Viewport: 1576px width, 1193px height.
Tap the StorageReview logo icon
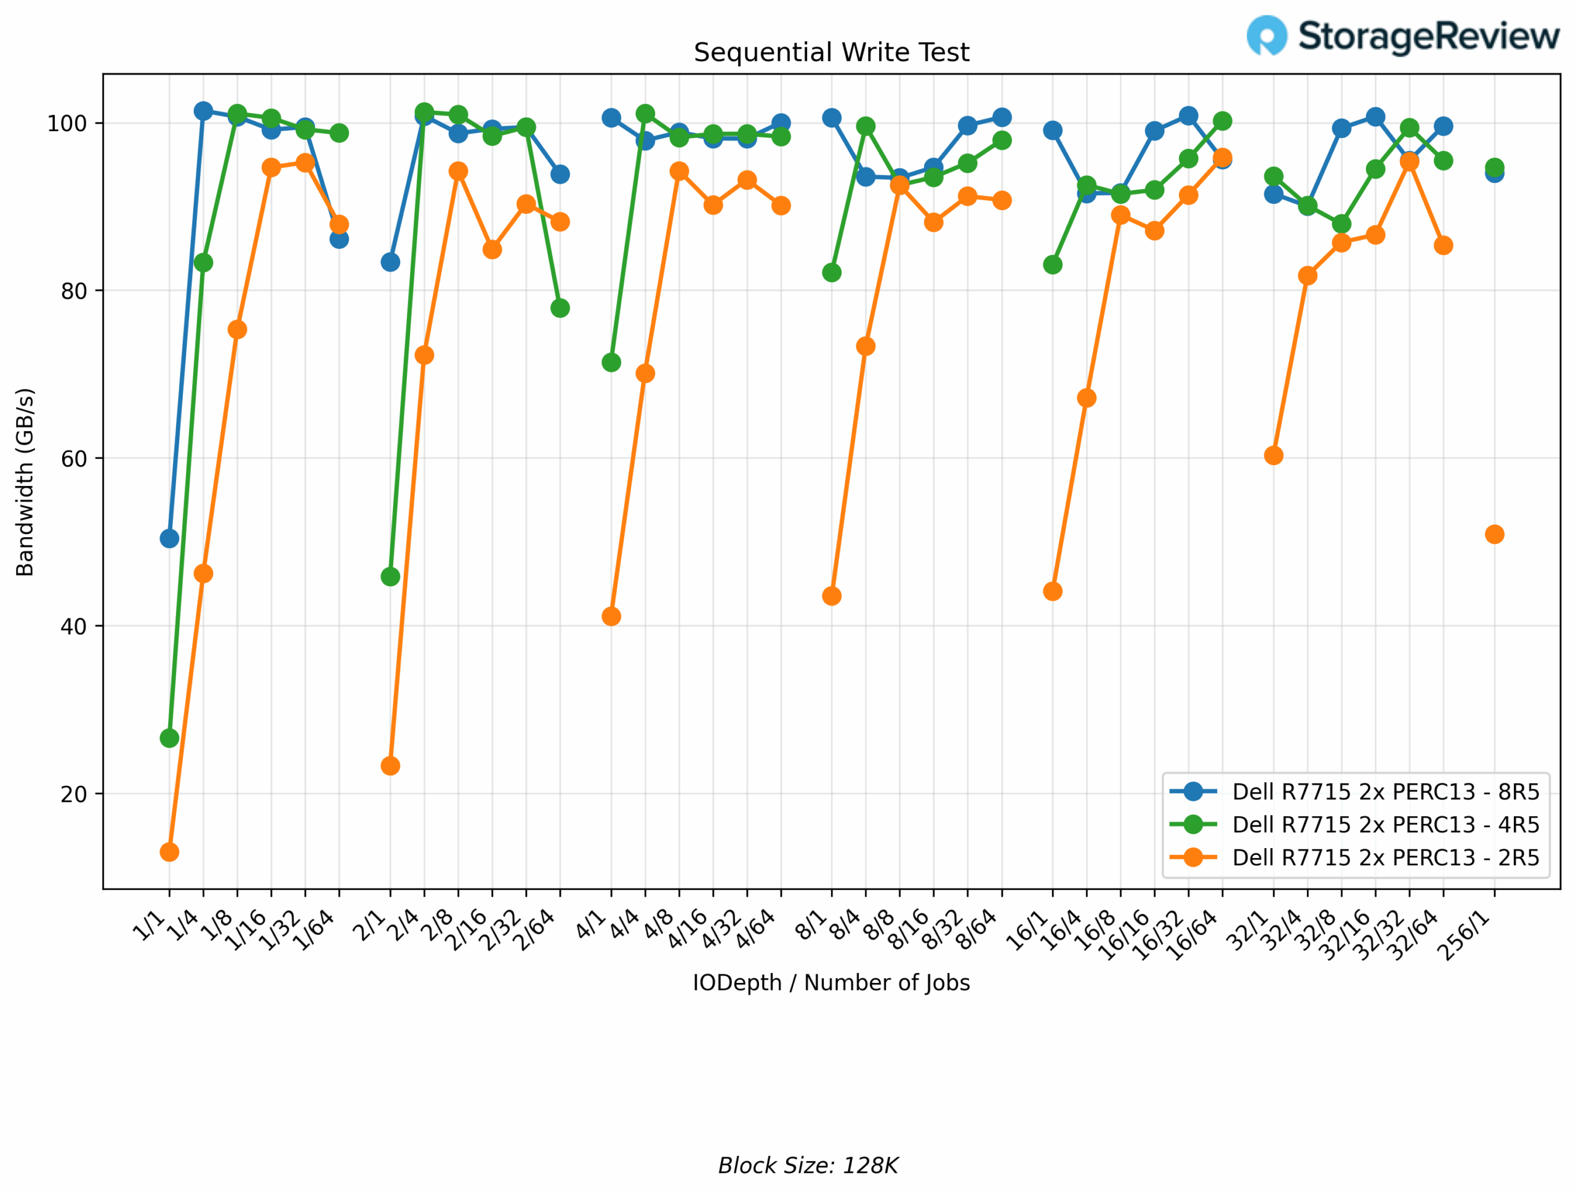[1266, 35]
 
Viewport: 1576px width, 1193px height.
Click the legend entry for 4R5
[1385, 824]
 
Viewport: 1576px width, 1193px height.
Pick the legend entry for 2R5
[1385, 857]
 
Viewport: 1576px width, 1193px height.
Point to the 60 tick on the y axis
[73, 459]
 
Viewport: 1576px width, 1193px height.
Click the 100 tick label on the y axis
[66, 123]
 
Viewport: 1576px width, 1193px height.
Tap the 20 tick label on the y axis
[73, 794]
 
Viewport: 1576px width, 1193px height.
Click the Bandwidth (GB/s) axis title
[25, 482]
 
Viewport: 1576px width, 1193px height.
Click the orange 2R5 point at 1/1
[169, 852]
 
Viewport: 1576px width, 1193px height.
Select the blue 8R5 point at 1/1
[169, 538]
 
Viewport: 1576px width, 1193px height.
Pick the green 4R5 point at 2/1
[390, 576]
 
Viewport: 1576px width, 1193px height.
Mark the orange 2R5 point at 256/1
[1494, 534]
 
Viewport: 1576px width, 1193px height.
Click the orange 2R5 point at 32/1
[1273, 455]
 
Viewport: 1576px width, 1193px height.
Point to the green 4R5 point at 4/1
[611, 362]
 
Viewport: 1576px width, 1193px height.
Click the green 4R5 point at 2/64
[560, 308]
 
